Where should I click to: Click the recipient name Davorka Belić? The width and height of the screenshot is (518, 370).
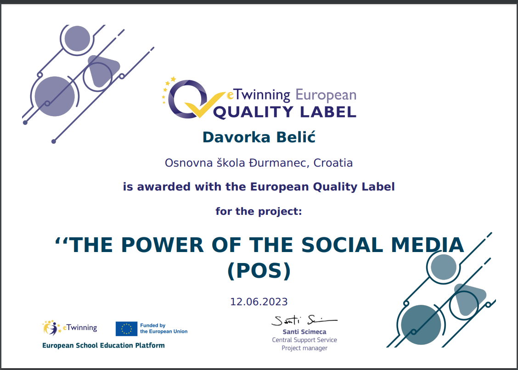[x=259, y=137]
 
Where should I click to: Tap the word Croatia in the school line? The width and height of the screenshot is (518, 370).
[x=333, y=163]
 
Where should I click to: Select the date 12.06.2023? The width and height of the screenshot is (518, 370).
[x=259, y=302]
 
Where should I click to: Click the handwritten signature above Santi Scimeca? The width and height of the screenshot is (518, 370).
[x=304, y=320]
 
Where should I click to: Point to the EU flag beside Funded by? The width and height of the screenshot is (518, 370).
[x=127, y=329]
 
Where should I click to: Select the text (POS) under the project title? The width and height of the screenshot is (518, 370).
[x=259, y=271]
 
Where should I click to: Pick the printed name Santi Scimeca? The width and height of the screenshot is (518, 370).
[x=304, y=332]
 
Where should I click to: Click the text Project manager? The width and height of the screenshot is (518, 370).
[x=304, y=348]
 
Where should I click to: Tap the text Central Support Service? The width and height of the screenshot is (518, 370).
[x=304, y=340]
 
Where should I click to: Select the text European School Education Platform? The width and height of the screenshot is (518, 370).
[x=103, y=346]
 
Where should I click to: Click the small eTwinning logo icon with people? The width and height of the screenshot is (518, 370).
[x=52, y=328]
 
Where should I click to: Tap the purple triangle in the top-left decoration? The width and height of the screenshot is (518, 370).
[x=102, y=70]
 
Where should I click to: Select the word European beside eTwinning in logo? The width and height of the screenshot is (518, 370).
[x=326, y=95]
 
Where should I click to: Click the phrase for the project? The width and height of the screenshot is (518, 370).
[x=259, y=211]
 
